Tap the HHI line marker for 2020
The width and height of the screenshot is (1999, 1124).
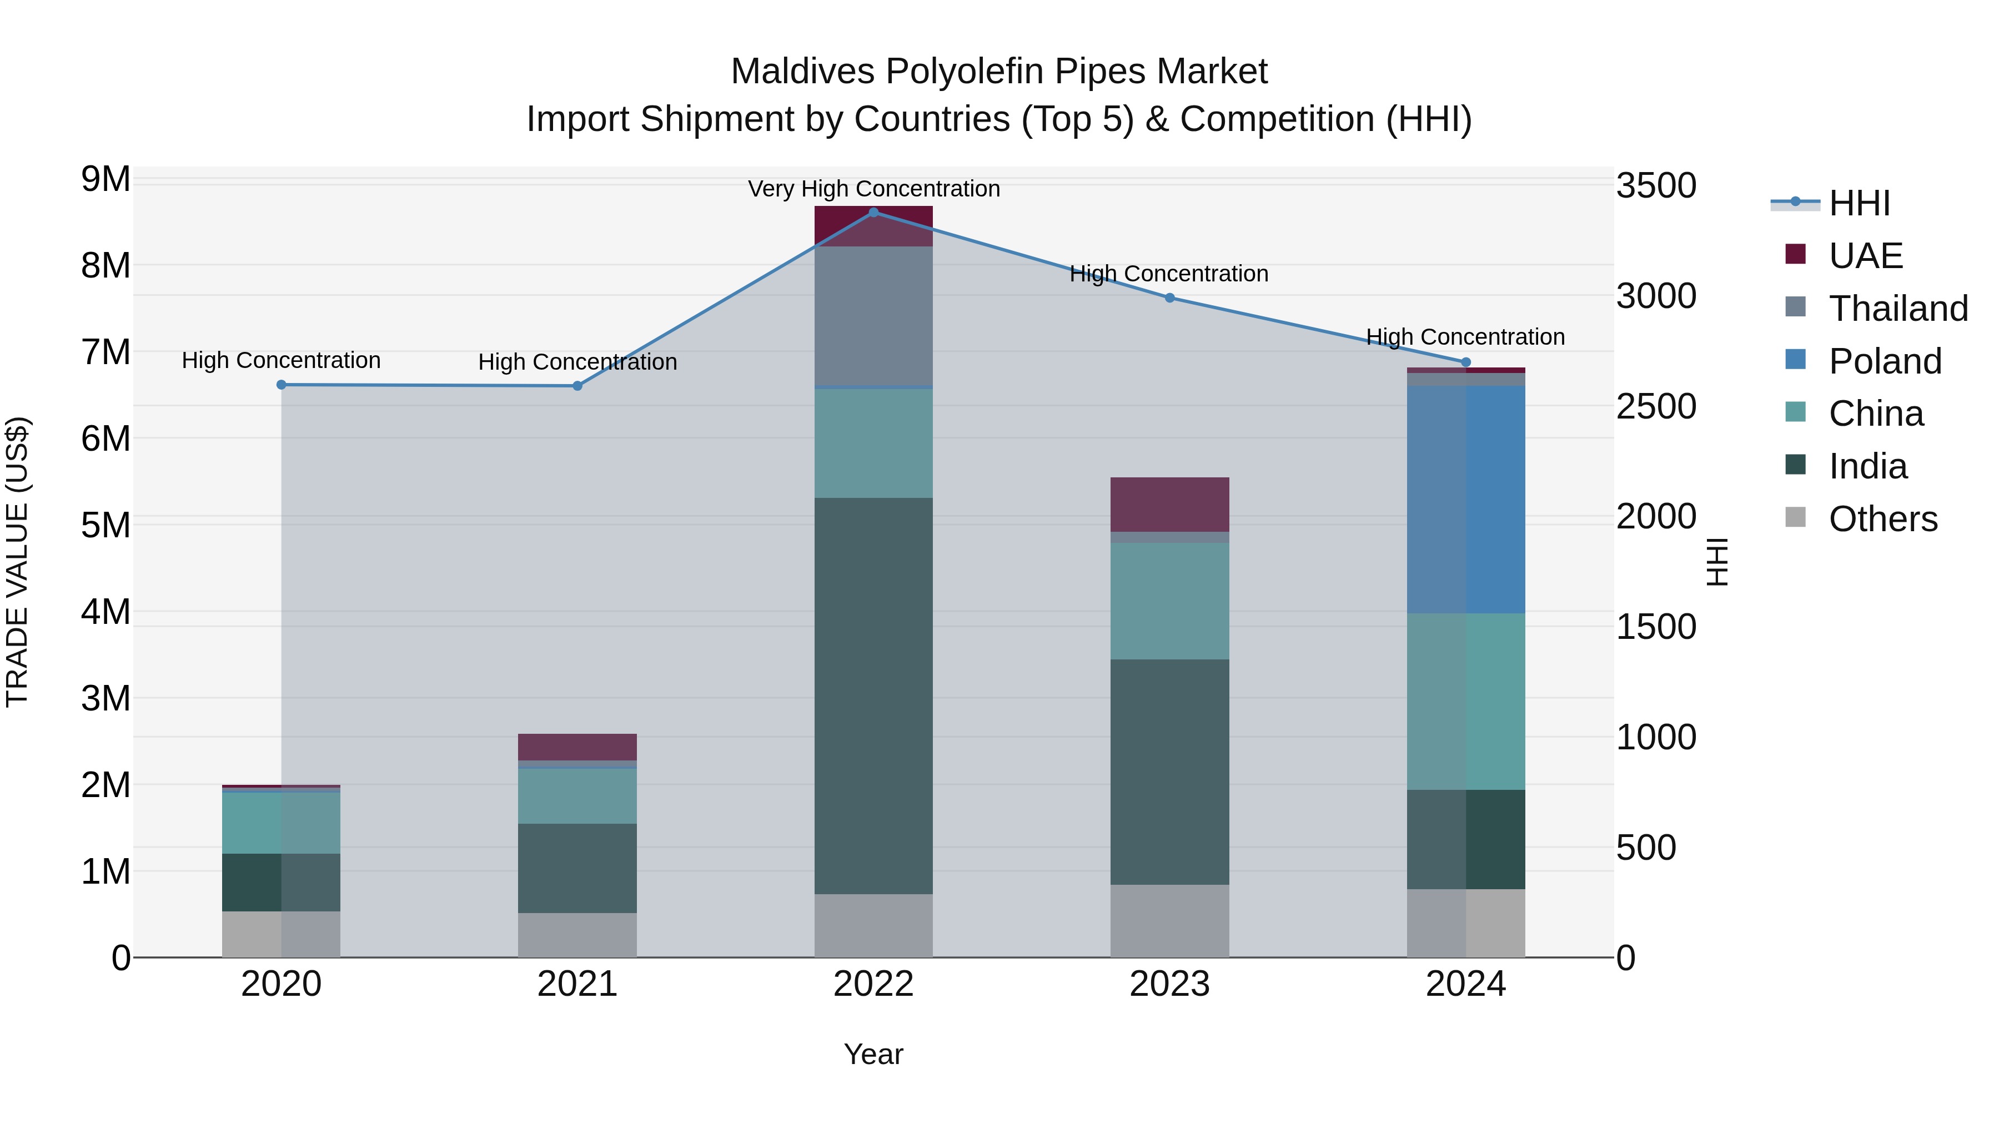[x=281, y=385]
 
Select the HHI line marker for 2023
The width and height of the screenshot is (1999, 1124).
[x=1169, y=298]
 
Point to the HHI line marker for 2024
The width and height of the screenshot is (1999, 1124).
[x=1466, y=362]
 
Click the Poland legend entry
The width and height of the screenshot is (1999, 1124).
[x=1884, y=361]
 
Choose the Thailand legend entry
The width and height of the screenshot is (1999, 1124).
[x=1897, y=309]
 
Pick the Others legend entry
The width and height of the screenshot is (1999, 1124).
[x=1882, y=519]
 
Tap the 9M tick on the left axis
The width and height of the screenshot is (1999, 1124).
[x=106, y=179]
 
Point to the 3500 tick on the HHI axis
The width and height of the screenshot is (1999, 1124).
[x=1656, y=186]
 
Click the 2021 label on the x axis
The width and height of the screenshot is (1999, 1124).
[x=577, y=984]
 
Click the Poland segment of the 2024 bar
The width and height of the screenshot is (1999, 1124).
[x=1466, y=500]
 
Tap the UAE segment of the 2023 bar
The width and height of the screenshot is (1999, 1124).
[x=1169, y=504]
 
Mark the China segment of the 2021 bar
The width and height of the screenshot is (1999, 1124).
[x=577, y=796]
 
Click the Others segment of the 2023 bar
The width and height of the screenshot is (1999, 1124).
[x=1169, y=921]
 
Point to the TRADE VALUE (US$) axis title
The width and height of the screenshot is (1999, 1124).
[x=17, y=562]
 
